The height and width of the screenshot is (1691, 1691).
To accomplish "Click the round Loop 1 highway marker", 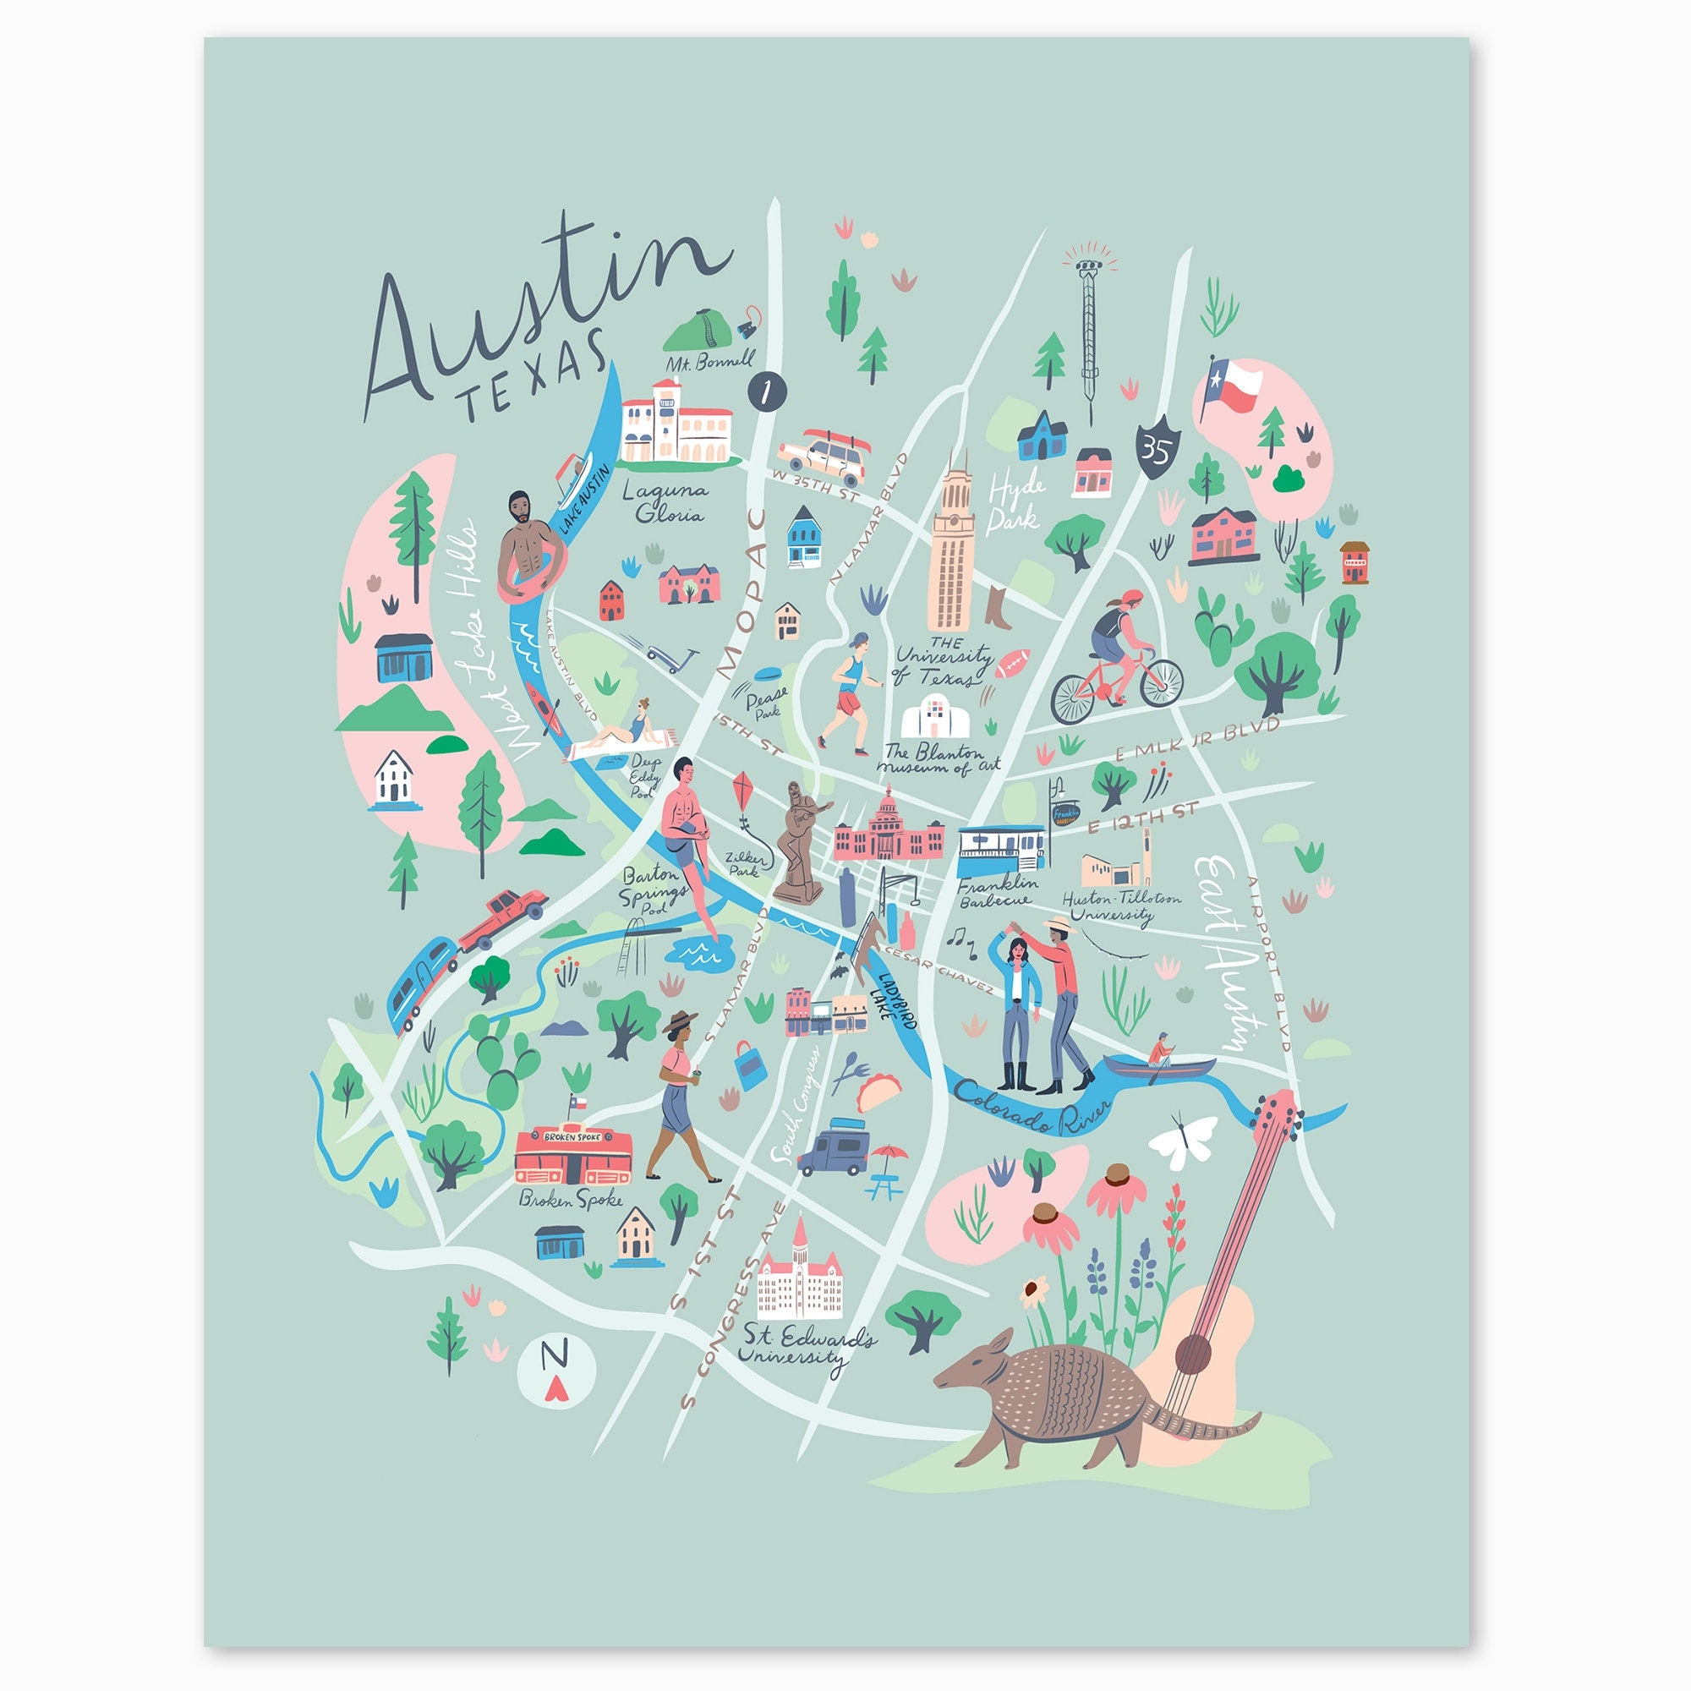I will [768, 391].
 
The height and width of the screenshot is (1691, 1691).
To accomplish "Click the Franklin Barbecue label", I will [998, 891].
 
